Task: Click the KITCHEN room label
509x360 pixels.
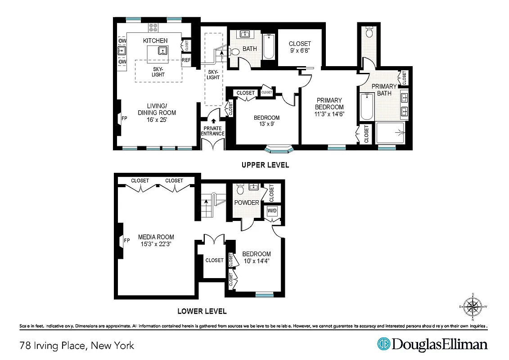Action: click(155, 41)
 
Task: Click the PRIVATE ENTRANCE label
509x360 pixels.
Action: click(212, 131)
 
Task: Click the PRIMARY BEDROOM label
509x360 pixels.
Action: click(329, 103)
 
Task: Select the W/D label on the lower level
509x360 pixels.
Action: click(272, 211)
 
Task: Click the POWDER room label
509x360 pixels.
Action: click(247, 202)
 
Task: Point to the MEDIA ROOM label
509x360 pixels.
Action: click(156, 237)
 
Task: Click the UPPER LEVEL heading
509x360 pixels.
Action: click(265, 165)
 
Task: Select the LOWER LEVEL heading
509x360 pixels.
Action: click(202, 311)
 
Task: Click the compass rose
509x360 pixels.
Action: click(473, 307)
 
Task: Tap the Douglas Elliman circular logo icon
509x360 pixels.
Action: click(383, 344)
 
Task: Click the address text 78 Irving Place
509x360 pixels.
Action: click(77, 346)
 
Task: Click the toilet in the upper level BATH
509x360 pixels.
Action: click(235, 52)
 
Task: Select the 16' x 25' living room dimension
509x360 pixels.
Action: click(157, 120)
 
